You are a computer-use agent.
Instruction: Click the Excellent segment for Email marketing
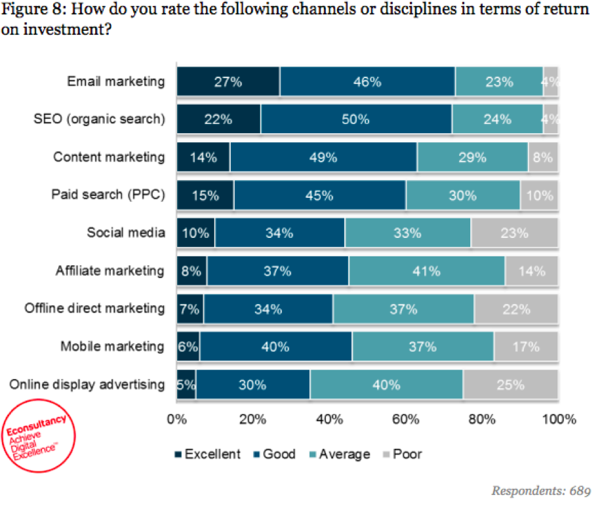(x=228, y=82)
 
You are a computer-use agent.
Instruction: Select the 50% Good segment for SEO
(x=356, y=120)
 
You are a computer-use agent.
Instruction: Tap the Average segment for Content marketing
(x=472, y=157)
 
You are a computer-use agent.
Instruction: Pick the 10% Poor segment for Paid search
(x=539, y=195)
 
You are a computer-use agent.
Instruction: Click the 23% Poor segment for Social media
(x=514, y=233)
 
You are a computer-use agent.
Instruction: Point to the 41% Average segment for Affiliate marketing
(x=426, y=271)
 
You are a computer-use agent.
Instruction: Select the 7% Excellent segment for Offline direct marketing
(x=190, y=309)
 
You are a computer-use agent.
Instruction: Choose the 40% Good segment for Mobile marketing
(x=276, y=347)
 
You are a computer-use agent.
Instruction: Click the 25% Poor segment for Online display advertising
(x=510, y=384)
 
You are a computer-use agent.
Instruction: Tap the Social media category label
(x=126, y=233)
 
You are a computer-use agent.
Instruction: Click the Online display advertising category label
(x=87, y=384)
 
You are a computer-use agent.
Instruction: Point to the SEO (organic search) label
(x=99, y=120)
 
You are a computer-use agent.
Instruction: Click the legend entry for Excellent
(x=208, y=454)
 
